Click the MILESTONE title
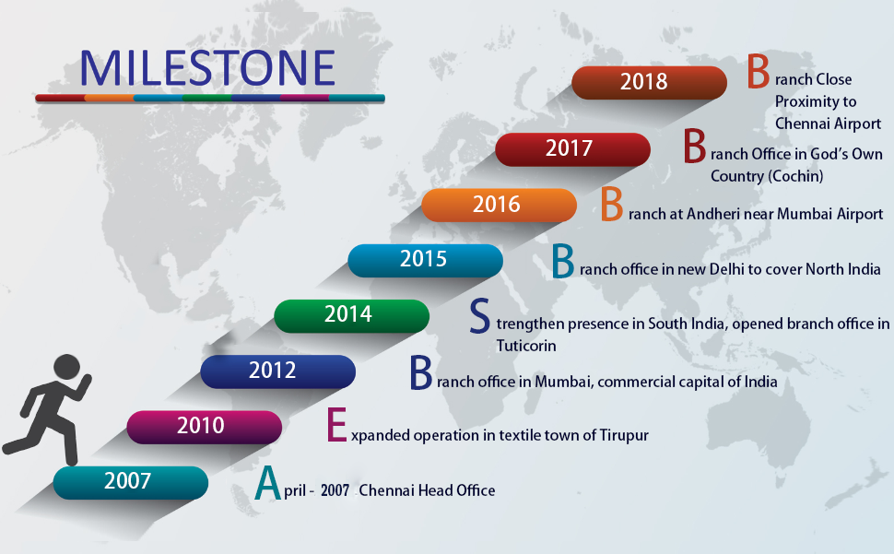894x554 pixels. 207,68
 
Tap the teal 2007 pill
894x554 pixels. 131,482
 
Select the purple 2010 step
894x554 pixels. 204,427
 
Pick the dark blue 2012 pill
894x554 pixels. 277,371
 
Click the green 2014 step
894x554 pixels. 351,316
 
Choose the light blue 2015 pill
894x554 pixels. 425,261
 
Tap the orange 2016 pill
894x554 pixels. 499,206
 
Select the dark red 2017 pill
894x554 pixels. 572,149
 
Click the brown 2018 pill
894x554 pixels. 649,83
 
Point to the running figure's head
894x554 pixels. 67,367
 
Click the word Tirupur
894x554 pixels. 624,435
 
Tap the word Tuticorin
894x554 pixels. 525,346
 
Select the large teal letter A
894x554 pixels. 268,483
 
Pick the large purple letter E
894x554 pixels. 337,425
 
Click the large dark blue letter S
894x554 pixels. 479,316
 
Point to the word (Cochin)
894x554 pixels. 794,176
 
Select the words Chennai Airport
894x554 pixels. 828,124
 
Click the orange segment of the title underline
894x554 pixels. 109,98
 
